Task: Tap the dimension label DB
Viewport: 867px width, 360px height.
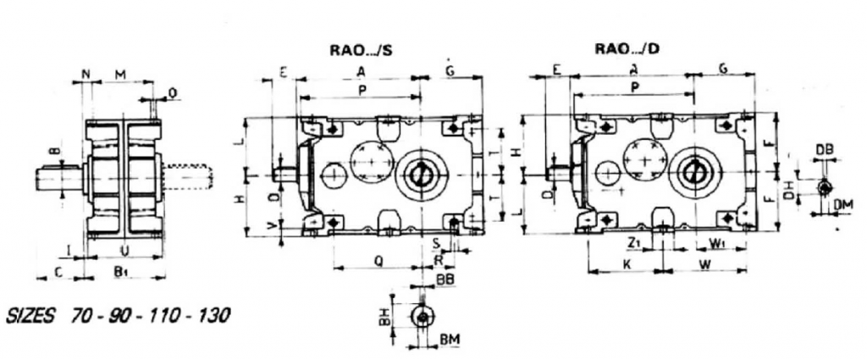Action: click(825, 149)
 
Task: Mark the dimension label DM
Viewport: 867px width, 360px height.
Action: click(842, 203)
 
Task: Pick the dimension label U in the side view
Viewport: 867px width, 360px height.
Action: click(124, 252)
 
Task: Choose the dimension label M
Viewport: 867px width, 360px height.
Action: click(120, 75)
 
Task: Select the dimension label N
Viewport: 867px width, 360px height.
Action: click(86, 75)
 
